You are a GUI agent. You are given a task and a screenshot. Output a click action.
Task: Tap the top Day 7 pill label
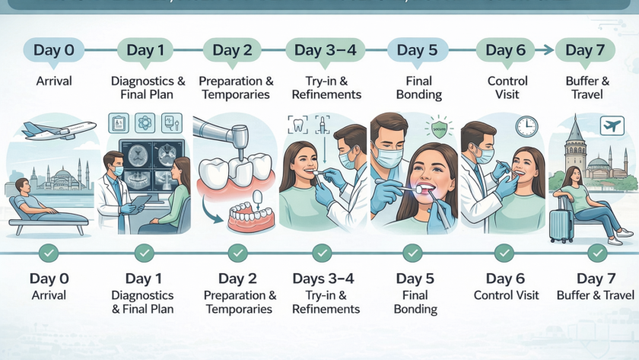coord(585,50)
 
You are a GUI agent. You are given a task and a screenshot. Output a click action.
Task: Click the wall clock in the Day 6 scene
coord(526,126)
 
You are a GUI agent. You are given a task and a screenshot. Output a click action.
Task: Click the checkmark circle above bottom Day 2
coord(237,252)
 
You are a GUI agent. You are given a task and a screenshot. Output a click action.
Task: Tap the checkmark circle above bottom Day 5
coord(413,252)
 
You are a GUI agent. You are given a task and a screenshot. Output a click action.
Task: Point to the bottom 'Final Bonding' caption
coord(415,302)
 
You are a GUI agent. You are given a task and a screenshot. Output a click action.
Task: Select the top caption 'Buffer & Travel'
coord(585,88)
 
